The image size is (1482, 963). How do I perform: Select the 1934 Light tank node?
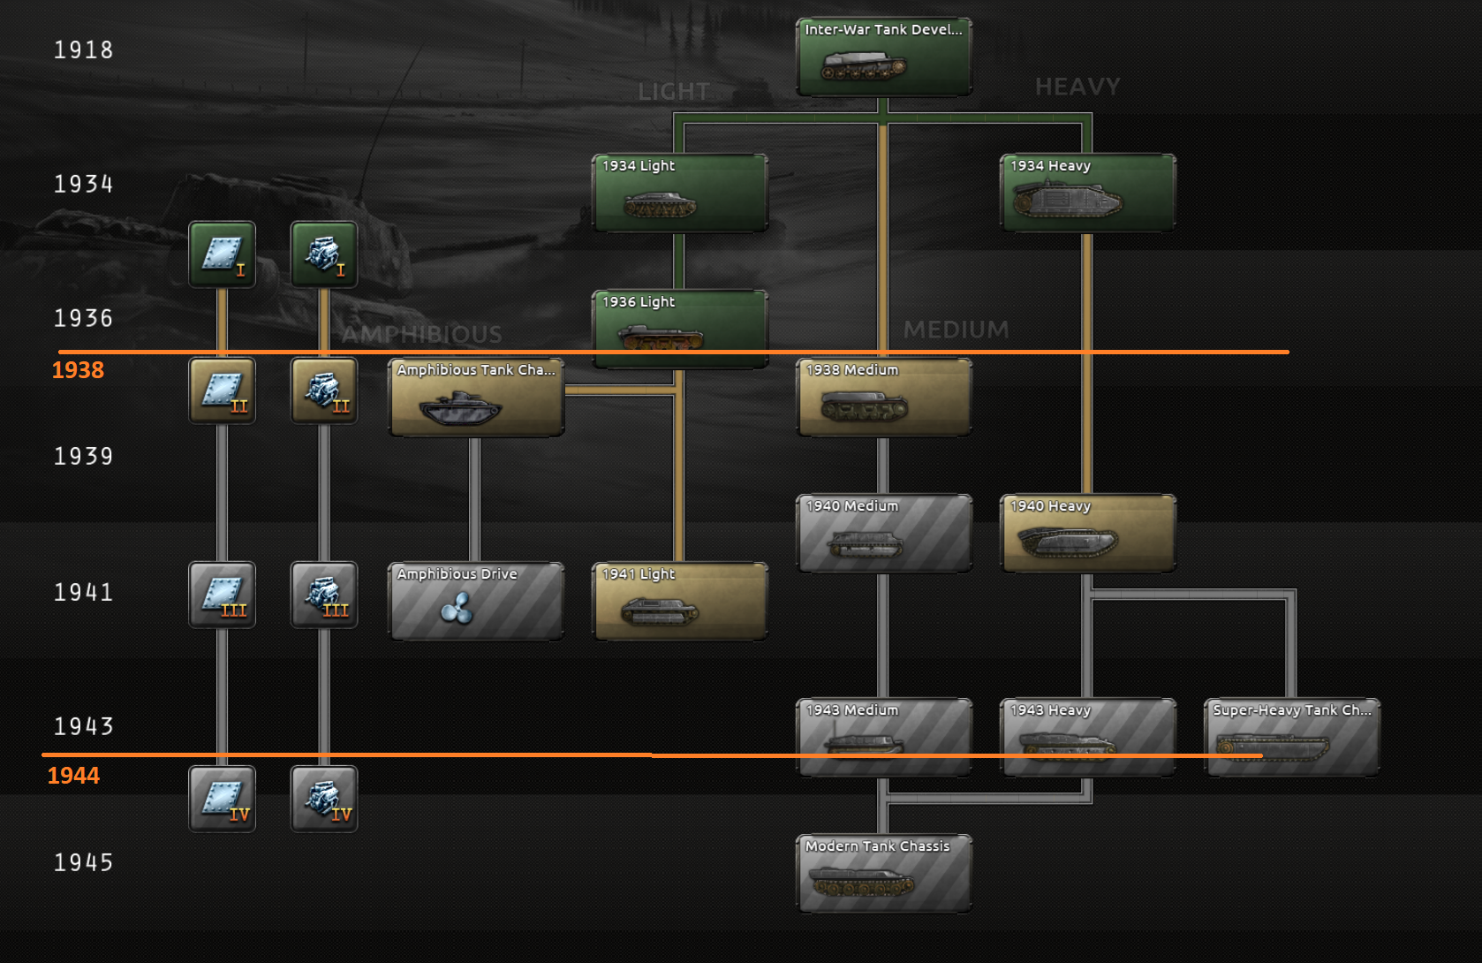coord(679,193)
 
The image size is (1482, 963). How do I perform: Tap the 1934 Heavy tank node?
coord(1087,193)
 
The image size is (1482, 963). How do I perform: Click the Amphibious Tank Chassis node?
coord(476,398)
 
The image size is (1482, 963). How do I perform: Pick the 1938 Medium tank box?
coord(883,398)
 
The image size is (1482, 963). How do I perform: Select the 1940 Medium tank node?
coord(883,534)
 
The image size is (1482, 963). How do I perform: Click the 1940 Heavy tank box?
coord(1087,534)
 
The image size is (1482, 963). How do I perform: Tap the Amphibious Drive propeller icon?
coord(457,608)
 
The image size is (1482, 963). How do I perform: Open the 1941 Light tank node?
coord(679,602)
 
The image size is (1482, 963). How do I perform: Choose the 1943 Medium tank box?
coord(883,738)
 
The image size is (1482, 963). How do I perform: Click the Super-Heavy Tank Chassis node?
coord(1291,738)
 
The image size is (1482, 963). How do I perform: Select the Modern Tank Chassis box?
coord(883,874)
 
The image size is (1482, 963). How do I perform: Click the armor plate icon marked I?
coord(222,254)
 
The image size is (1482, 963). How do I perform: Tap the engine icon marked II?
coord(324,391)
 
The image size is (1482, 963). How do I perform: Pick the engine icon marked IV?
coord(324,799)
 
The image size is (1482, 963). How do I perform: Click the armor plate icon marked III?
coord(222,595)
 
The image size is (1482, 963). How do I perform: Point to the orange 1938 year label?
coord(78,370)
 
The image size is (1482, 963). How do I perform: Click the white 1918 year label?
coord(83,50)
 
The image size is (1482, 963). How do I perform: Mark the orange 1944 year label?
coord(73,776)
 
